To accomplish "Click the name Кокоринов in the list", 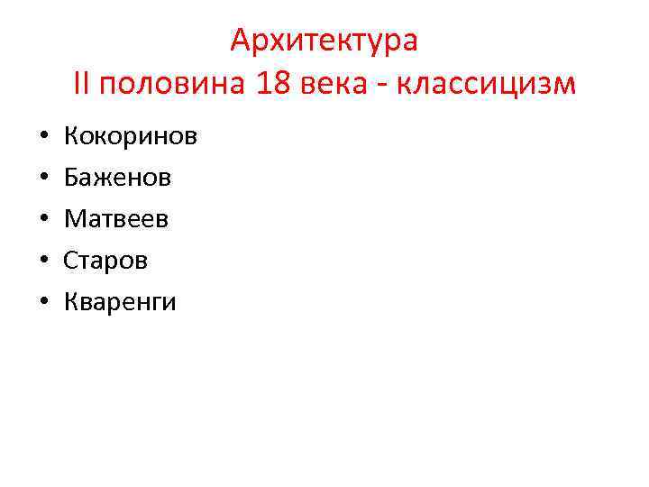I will coord(131,137).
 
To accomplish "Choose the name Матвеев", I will coord(116,219).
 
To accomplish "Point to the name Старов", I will coord(105,261).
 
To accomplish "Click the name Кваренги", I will coord(120,302).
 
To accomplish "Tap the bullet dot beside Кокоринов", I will coord(43,138).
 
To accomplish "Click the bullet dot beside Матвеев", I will coord(43,220).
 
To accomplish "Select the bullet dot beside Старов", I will coord(43,262).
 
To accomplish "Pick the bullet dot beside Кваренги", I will coord(43,303).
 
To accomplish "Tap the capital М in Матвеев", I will coord(74,219).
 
